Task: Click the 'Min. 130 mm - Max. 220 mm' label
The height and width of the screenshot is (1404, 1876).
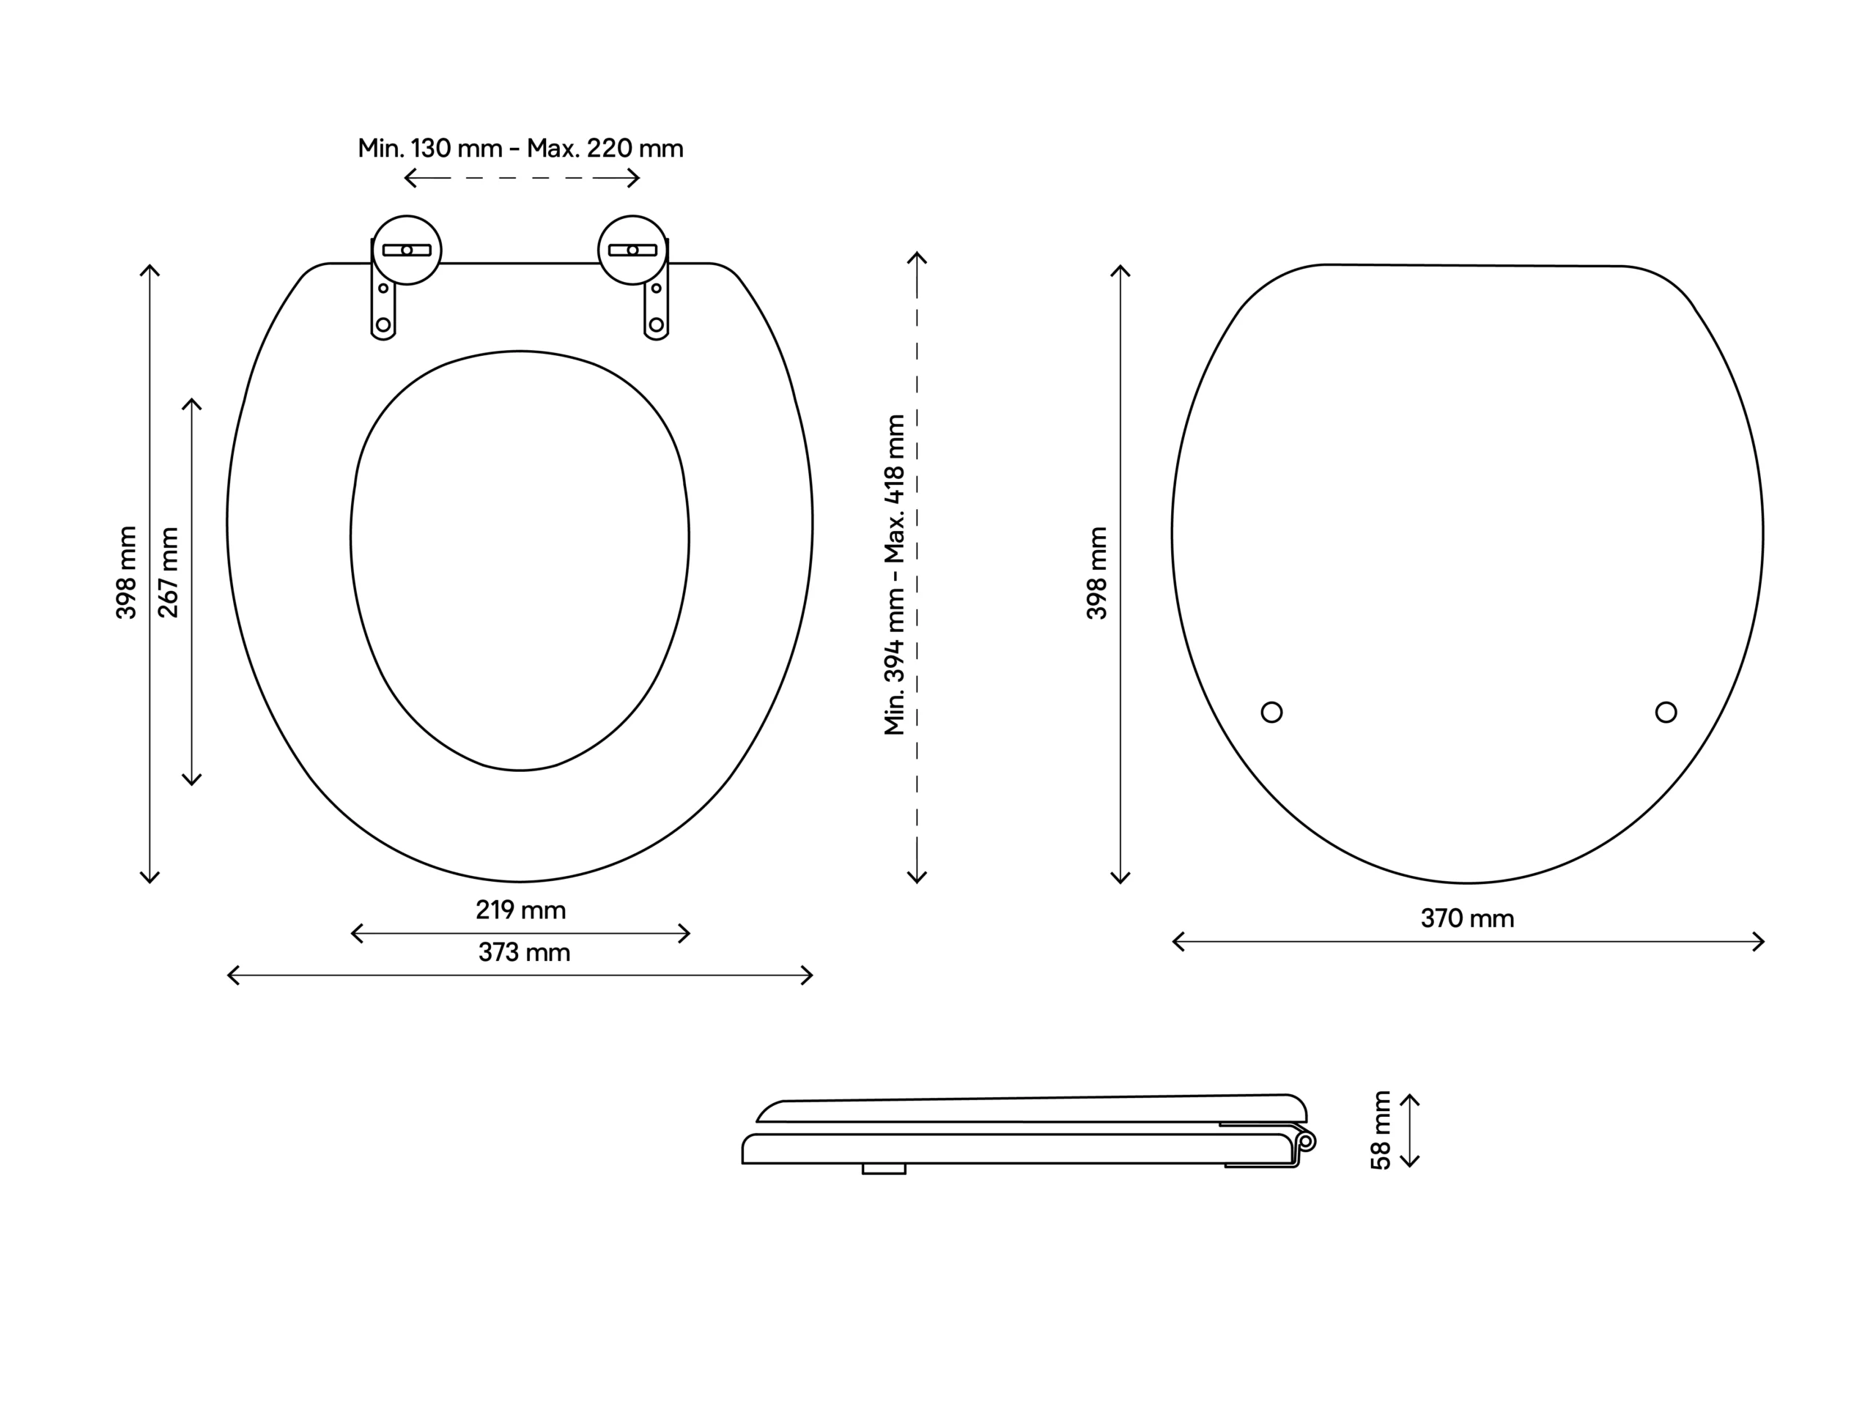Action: click(x=520, y=149)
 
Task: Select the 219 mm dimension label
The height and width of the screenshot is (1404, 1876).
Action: click(x=520, y=910)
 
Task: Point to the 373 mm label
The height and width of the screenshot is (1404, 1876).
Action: click(x=523, y=952)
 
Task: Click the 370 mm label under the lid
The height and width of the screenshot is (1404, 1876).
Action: click(x=1466, y=918)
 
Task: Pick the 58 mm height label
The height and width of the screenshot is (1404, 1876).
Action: click(x=1381, y=1130)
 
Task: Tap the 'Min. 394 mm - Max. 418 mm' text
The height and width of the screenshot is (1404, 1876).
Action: click(x=895, y=575)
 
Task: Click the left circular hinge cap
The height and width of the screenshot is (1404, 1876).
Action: click(x=407, y=250)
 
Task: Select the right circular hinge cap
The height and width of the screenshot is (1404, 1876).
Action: click(x=632, y=250)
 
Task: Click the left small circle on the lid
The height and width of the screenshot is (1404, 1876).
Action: click(x=1271, y=712)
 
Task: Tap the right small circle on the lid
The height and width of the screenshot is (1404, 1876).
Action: click(x=1666, y=712)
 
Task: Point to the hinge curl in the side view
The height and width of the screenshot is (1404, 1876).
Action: click(x=1306, y=1141)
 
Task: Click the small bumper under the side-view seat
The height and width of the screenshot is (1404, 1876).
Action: click(x=884, y=1169)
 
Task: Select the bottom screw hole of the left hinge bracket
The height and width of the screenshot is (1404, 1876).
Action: click(x=383, y=324)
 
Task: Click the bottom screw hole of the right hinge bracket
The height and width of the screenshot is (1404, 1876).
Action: click(x=656, y=324)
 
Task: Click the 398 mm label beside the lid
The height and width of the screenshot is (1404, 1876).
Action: click(x=1096, y=573)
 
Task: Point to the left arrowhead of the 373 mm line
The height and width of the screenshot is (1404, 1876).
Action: click(x=231, y=975)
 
